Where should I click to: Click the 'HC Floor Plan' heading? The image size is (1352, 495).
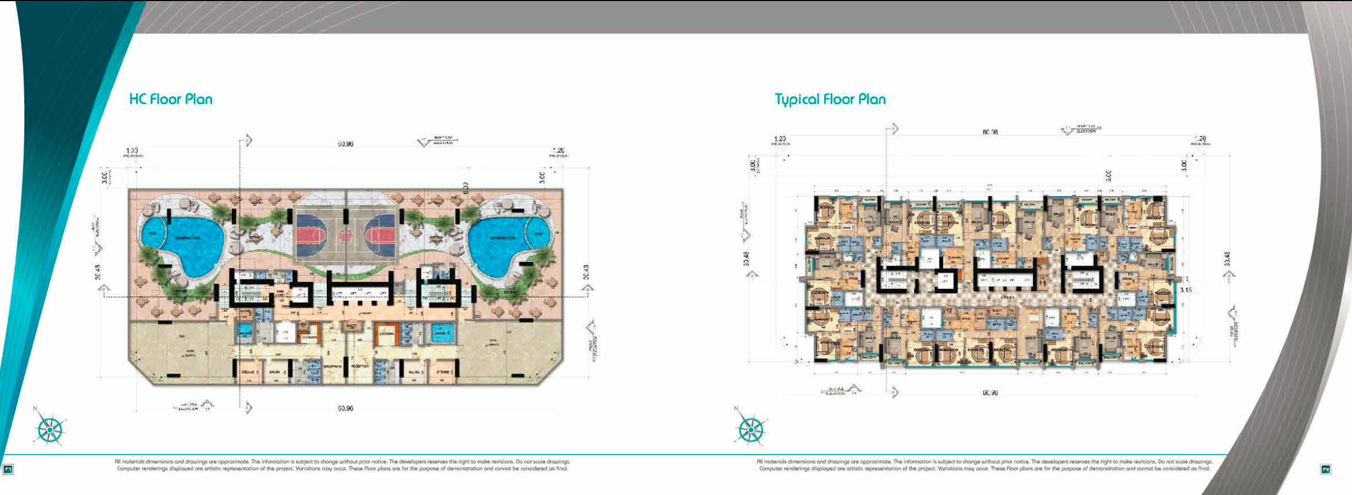pos(171,99)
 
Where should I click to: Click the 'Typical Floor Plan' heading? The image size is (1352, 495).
pos(830,99)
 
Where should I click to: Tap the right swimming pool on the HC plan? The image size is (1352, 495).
pos(500,244)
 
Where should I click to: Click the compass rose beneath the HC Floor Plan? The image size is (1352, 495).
pos(50,430)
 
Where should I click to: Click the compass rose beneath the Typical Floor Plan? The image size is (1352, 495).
pos(750,430)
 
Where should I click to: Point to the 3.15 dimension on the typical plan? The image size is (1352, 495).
pos(1185,290)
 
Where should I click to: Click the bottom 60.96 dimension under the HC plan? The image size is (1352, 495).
pos(345,408)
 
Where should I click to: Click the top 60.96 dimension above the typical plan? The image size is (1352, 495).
pos(990,133)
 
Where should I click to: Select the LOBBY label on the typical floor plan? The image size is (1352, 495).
pos(1007,297)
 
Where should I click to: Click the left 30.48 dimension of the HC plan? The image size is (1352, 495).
pos(98,272)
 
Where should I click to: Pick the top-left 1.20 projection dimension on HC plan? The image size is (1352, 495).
pos(132,151)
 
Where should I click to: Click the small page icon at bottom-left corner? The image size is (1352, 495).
pos(8,469)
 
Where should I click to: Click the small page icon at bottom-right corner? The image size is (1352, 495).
pos(1326,469)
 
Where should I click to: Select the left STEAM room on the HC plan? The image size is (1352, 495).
pos(249,373)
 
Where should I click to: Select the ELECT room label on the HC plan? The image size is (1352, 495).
pos(351,326)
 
